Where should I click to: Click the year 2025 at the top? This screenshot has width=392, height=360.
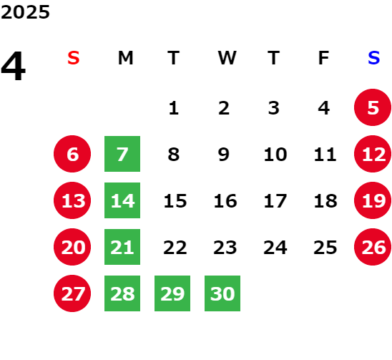click(25, 12)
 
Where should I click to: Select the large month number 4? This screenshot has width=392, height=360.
click(14, 66)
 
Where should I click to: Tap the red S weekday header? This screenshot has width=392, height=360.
click(74, 58)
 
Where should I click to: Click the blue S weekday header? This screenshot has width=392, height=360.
click(374, 58)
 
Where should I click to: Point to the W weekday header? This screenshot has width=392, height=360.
click(227, 58)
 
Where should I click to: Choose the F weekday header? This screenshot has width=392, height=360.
click(324, 58)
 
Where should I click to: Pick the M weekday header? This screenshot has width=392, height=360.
click(125, 58)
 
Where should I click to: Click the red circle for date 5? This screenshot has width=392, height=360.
click(373, 107)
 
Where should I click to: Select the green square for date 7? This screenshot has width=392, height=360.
click(122, 154)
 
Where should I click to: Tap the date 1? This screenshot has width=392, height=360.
click(174, 108)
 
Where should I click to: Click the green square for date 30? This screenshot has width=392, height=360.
click(222, 293)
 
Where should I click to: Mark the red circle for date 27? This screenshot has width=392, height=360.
click(72, 293)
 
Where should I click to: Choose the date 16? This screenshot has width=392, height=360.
click(225, 201)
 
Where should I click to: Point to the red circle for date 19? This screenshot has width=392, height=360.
click(373, 200)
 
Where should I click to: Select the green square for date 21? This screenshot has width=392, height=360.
click(122, 247)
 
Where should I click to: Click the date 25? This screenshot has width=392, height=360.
click(325, 248)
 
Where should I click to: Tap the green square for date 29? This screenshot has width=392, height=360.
click(172, 293)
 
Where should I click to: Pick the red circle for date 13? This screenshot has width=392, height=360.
click(72, 200)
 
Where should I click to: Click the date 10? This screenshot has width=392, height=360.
click(275, 155)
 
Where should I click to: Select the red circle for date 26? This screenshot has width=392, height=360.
click(373, 247)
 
